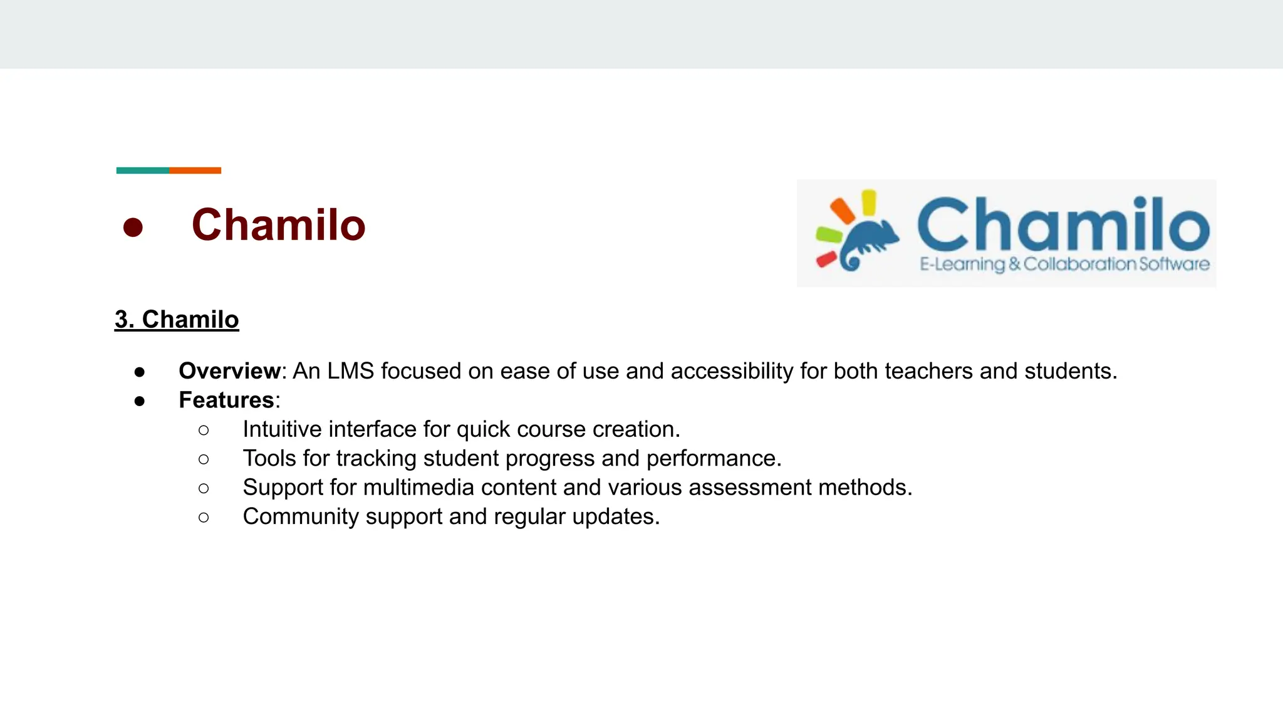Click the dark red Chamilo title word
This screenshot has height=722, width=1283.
(278, 225)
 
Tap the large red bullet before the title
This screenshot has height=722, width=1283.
(133, 227)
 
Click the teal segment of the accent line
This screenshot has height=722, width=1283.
(142, 170)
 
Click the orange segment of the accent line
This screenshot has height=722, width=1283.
(195, 170)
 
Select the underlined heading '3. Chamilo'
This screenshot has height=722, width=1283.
(177, 320)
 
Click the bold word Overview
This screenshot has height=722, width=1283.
(229, 371)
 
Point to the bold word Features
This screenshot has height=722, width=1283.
(226, 400)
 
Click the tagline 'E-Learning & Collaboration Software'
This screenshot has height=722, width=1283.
(1064, 264)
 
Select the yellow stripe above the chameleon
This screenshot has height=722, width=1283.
(868, 202)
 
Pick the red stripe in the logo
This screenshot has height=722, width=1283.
(826, 259)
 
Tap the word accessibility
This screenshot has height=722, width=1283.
(732, 371)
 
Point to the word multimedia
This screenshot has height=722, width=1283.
(418, 488)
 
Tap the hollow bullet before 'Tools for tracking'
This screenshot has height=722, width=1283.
(204, 459)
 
